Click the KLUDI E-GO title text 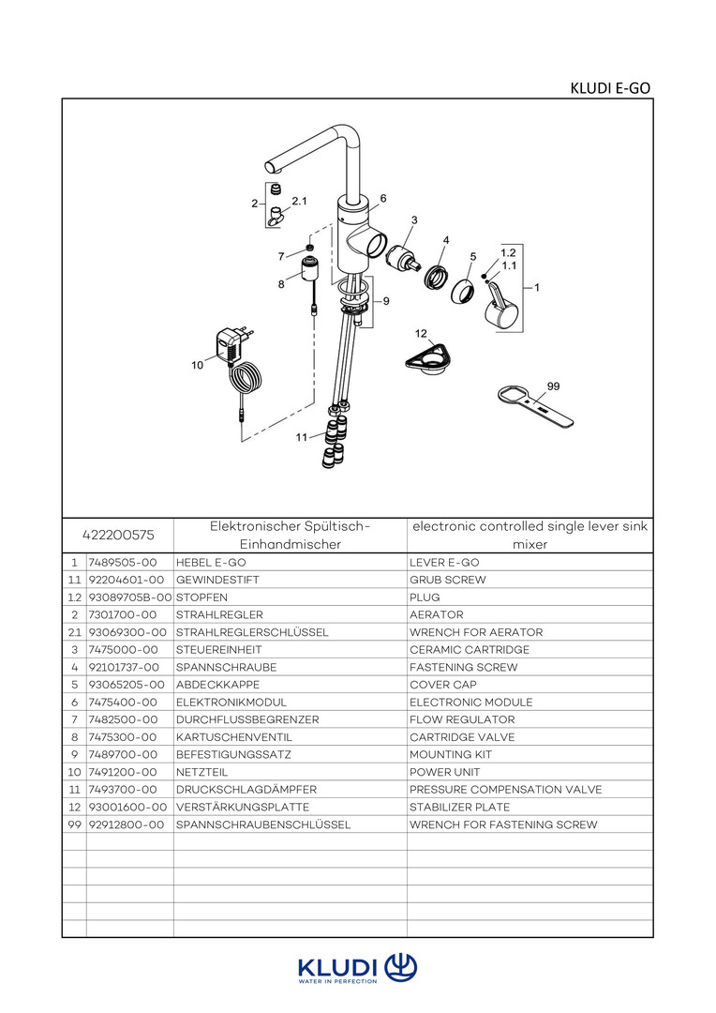(x=610, y=88)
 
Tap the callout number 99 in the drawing (x=553, y=386)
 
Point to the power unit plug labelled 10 (x=228, y=344)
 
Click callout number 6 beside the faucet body (x=383, y=199)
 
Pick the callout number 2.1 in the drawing (x=300, y=202)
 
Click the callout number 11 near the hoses (x=301, y=437)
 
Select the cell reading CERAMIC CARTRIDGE (x=470, y=650)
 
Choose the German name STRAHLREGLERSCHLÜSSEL (x=252, y=632)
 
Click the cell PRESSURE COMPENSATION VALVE (x=505, y=790)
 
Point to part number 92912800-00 (x=126, y=824)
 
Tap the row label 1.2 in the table (x=74, y=597)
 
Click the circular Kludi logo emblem (x=401, y=966)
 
